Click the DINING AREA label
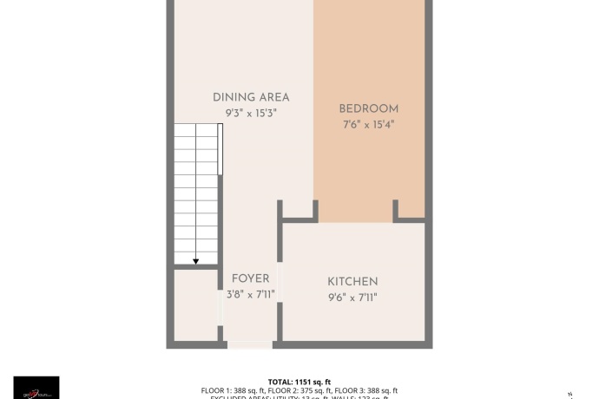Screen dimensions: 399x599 click(251, 97)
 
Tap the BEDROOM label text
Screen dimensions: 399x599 click(368, 108)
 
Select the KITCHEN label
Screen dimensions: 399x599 click(352, 282)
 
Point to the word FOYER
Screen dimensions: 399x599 click(250, 278)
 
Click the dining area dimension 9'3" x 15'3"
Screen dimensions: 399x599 click(251, 113)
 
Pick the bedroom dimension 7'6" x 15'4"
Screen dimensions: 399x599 click(368, 124)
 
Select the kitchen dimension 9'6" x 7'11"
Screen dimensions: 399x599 click(352, 298)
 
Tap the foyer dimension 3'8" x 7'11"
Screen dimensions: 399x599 click(250, 294)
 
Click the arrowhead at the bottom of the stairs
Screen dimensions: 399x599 click(196, 260)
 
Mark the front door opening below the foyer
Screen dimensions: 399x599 click(250, 344)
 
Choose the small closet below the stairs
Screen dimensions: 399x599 click(195, 304)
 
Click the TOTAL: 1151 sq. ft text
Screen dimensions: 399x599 click(299, 382)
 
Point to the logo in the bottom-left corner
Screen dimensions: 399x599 click(36, 387)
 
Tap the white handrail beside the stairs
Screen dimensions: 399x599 click(221, 149)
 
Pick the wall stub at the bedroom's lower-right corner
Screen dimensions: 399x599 click(396, 211)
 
